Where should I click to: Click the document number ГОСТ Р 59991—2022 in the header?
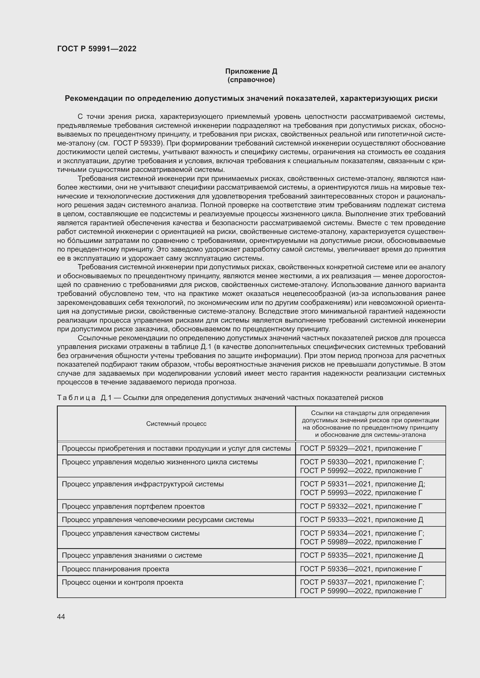(97, 49)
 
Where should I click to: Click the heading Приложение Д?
(251, 71)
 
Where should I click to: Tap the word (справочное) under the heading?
(251, 80)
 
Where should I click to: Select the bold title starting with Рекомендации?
(251, 98)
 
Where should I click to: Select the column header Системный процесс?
(176, 424)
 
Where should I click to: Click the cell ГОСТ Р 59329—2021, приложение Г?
(361, 448)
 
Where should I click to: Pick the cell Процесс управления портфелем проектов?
(133, 506)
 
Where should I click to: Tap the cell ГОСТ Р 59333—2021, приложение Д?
(362, 520)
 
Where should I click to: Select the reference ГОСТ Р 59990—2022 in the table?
(335, 591)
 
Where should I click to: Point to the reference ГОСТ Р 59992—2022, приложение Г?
(361, 471)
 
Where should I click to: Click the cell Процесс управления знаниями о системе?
(132, 555)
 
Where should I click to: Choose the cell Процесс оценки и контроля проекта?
(122, 582)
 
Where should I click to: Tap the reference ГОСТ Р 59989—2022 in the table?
(335, 542)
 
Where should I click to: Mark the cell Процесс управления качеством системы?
(130, 533)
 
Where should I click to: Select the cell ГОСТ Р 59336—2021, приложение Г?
(361, 569)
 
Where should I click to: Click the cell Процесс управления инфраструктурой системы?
(142, 484)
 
